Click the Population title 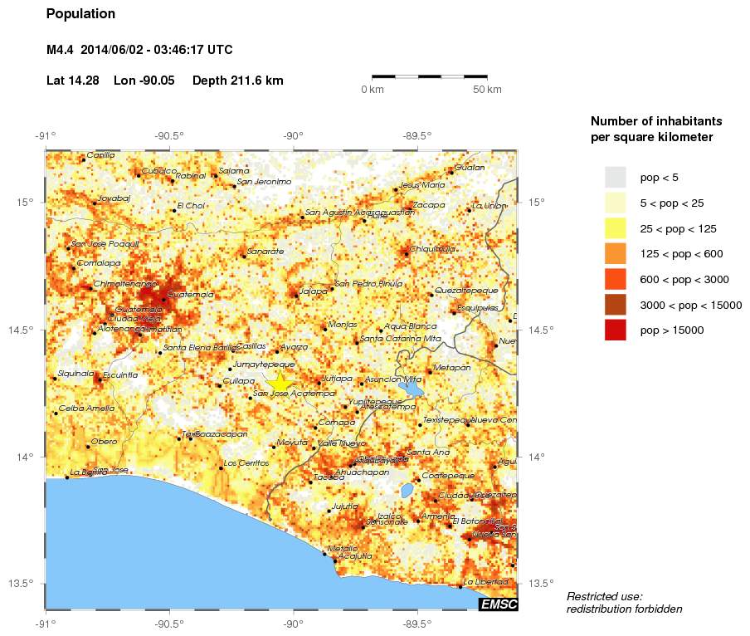coord(80,14)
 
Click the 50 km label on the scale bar coord(487,90)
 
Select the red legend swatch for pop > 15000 coord(615,330)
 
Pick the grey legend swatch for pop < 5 coord(615,177)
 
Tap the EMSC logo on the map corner coord(498,604)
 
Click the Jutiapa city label coord(336,378)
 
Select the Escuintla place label coord(120,375)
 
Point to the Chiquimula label coord(432,247)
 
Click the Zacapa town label coord(429,204)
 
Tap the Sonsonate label coord(390,521)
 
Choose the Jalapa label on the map coord(314,291)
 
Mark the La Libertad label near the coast coord(485,581)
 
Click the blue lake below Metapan coord(411,387)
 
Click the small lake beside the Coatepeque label coord(407,490)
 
